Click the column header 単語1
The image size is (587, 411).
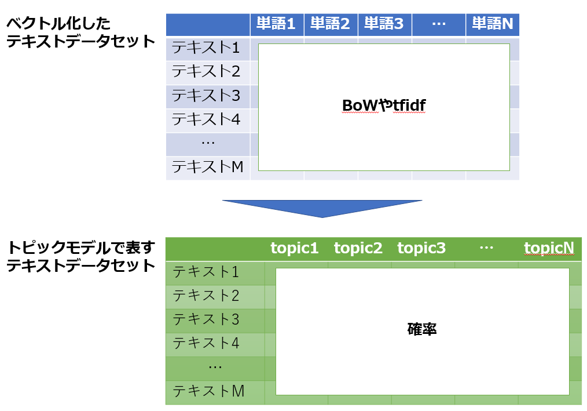(x=276, y=24)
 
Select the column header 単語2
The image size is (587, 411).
(x=330, y=24)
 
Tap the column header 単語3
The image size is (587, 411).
(x=384, y=24)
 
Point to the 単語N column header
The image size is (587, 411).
(x=492, y=24)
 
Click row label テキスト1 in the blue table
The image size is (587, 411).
(x=206, y=48)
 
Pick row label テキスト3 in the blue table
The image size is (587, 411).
(x=206, y=95)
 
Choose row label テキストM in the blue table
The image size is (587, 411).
(x=207, y=166)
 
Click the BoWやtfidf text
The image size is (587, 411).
(x=384, y=106)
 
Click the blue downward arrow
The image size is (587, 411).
(x=322, y=209)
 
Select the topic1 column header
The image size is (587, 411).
(x=294, y=248)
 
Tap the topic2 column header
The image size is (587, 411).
(x=358, y=248)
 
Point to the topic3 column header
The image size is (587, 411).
(x=421, y=248)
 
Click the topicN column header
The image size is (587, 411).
(x=549, y=248)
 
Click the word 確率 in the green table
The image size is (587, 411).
(x=422, y=329)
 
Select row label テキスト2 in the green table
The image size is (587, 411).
(x=206, y=296)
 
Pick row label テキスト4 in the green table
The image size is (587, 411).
(x=206, y=343)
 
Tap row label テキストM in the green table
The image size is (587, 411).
(x=208, y=391)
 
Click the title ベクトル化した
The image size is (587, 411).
(x=58, y=24)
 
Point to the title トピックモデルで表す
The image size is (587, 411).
(x=81, y=248)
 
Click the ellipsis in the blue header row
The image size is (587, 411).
(x=438, y=24)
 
